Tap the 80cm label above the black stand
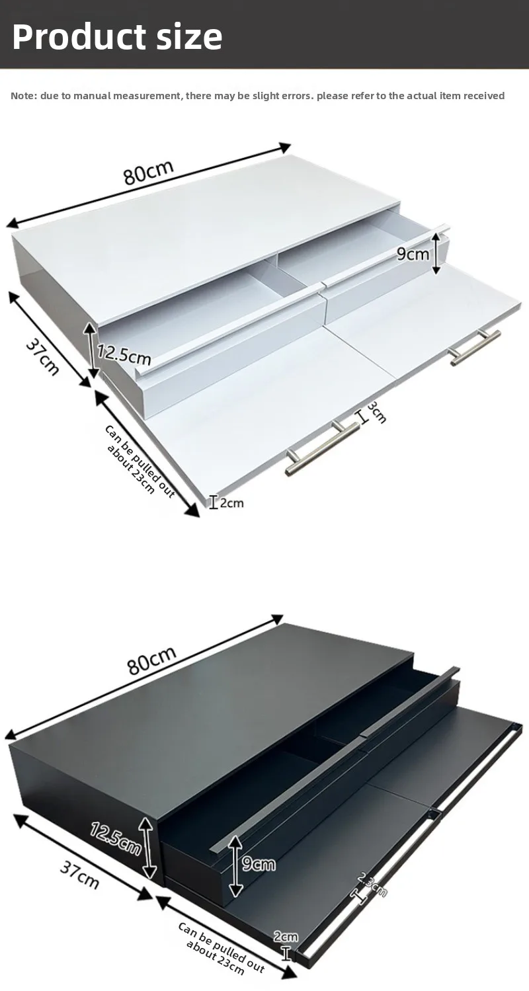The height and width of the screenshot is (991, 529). coord(152,660)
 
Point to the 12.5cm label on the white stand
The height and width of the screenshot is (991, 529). coord(124,354)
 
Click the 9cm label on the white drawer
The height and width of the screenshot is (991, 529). coord(413,253)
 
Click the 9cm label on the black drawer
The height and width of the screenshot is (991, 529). coord(258,863)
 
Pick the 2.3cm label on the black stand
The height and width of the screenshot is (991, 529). coord(372,885)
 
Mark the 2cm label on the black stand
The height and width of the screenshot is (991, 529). coord(286,936)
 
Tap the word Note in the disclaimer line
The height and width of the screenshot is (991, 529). coord(22,96)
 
